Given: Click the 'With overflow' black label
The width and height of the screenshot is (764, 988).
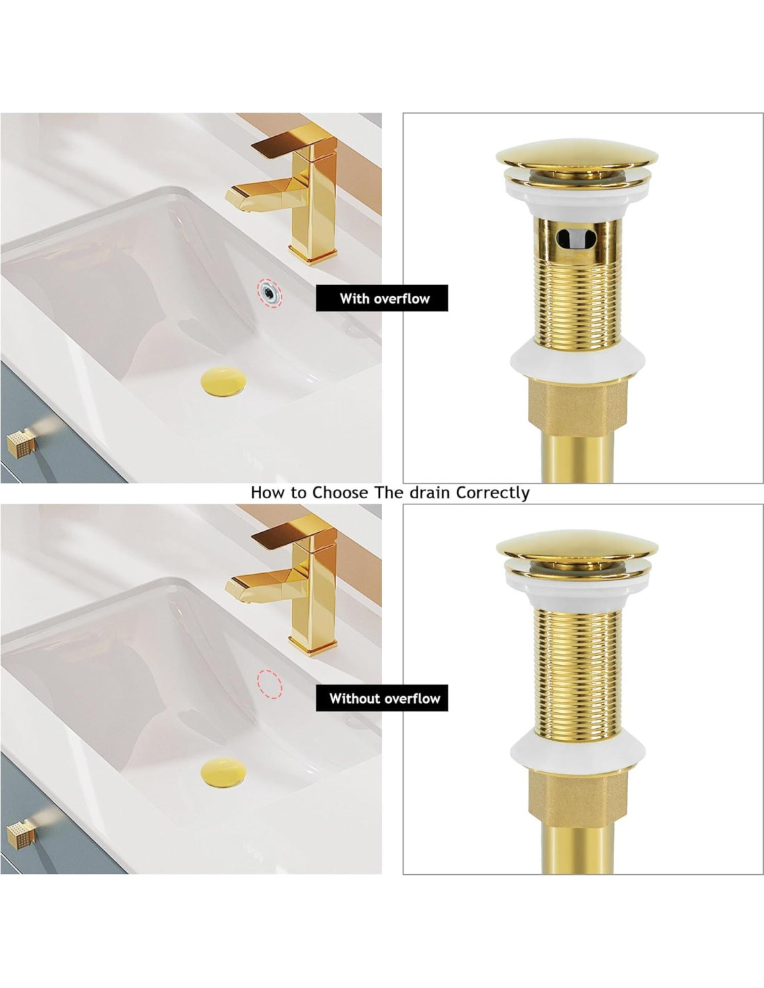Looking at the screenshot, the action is (x=382, y=298).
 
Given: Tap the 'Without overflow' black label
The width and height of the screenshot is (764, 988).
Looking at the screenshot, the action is (x=382, y=698).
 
